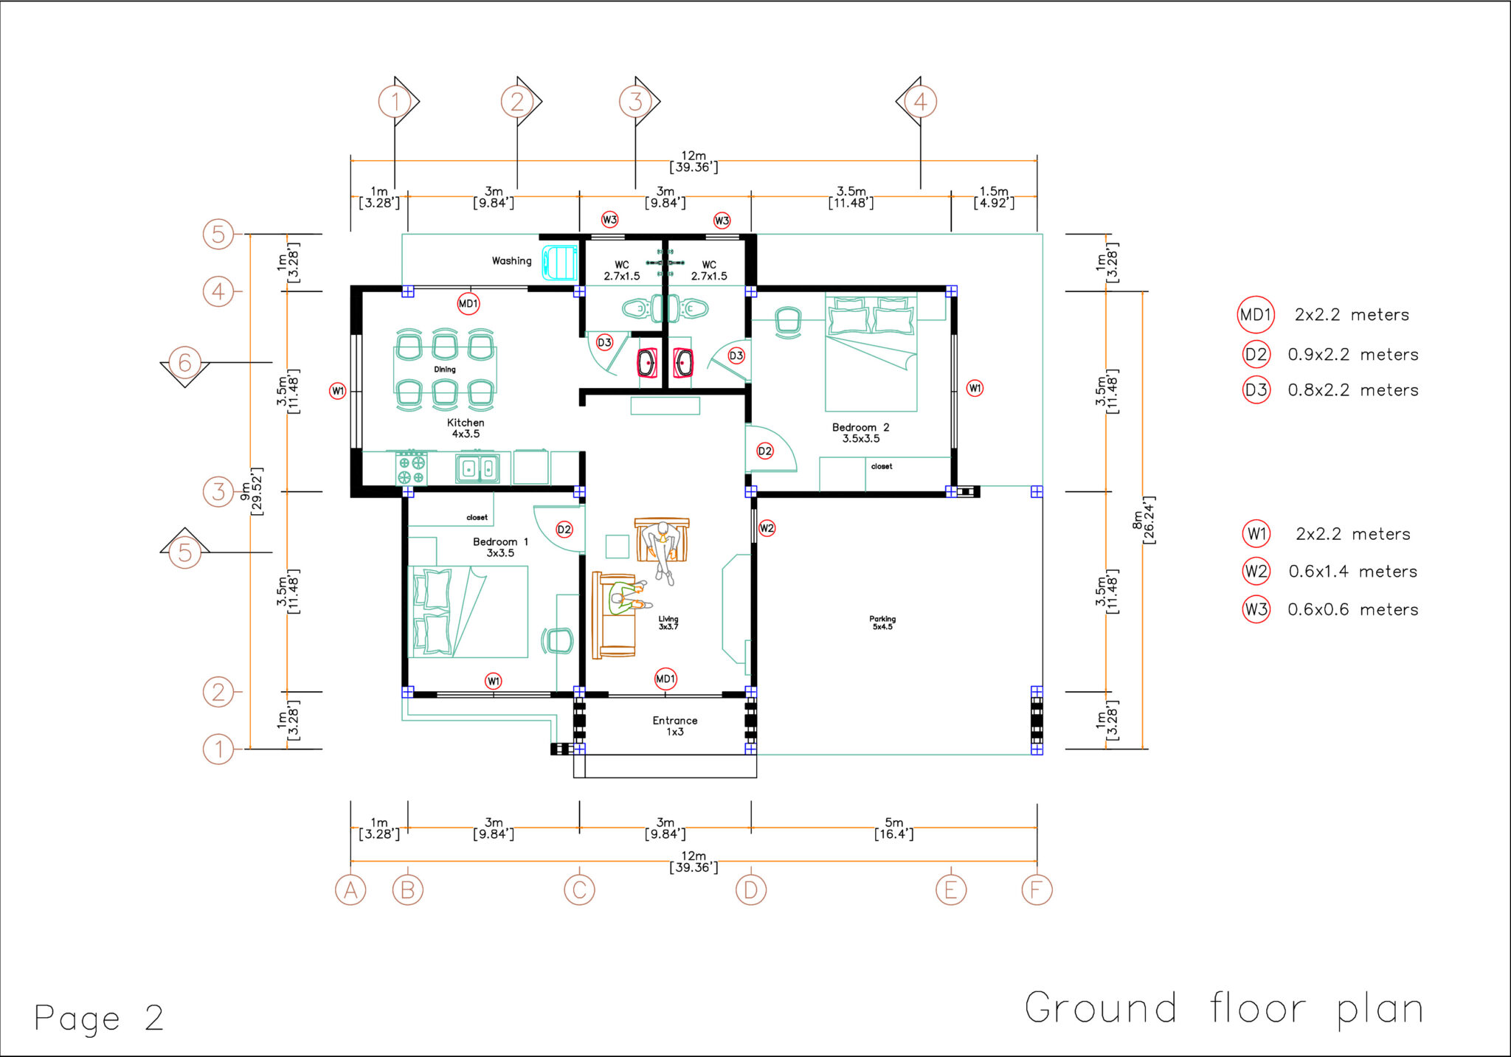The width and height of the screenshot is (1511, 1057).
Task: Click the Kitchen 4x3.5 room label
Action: [x=466, y=428]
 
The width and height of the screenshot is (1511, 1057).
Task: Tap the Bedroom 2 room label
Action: [x=860, y=432]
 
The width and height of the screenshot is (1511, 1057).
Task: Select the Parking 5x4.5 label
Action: [x=882, y=623]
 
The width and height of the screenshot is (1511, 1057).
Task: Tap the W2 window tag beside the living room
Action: [x=767, y=528]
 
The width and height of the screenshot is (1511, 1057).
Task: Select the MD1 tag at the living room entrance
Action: [x=665, y=679]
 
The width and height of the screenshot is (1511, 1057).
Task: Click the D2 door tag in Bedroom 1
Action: [x=564, y=529]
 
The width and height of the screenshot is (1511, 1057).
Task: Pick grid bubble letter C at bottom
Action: [x=579, y=890]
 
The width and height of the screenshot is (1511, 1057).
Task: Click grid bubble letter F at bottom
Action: [x=1037, y=890]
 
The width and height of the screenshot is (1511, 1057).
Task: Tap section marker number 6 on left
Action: [x=185, y=362]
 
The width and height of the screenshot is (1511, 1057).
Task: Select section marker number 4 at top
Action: [x=920, y=102]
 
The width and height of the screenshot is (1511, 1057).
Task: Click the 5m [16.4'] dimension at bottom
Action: [x=893, y=828]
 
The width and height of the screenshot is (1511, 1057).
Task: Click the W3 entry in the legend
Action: [x=1256, y=609]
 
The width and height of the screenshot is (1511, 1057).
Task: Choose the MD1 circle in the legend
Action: [x=1255, y=315]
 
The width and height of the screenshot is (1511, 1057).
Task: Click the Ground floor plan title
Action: [x=1223, y=1009]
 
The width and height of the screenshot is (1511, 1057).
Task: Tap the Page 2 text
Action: [x=99, y=1019]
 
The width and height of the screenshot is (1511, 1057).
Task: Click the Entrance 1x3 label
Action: [x=674, y=726]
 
